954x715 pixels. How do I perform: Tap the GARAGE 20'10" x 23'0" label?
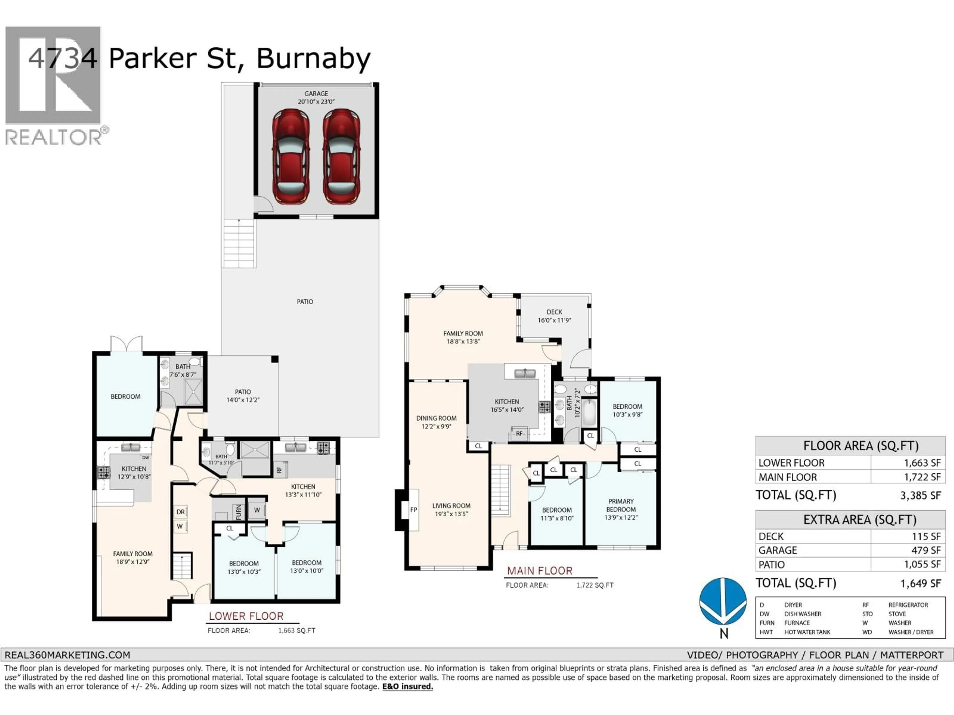click(x=316, y=97)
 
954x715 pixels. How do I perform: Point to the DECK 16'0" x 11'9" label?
click(x=554, y=316)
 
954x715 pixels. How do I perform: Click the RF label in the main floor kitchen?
click(x=519, y=433)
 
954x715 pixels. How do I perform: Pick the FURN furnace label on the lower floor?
click(x=238, y=512)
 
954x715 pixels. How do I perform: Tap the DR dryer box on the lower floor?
click(x=180, y=512)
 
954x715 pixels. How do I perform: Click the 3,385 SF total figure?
click(x=920, y=495)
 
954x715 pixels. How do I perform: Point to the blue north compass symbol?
click(x=723, y=602)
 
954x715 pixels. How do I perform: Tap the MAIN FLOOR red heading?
click(x=540, y=571)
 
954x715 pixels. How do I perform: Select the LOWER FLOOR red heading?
click(x=246, y=616)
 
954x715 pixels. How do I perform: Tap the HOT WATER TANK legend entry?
click(x=807, y=632)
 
